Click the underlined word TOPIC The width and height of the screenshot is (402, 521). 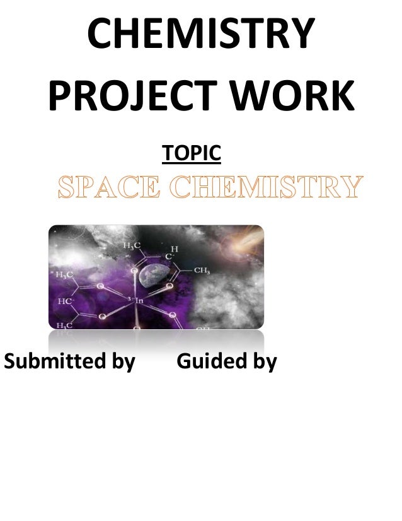click(192, 153)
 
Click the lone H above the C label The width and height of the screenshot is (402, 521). click(175, 249)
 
